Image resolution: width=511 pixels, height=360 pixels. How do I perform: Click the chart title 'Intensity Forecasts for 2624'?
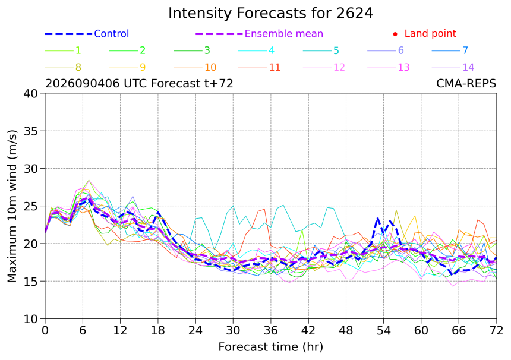point(270,13)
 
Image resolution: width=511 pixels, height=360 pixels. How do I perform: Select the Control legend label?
point(112,33)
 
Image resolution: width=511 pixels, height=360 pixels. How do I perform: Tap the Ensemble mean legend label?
point(284,33)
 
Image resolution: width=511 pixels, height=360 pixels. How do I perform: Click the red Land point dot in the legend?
point(395,34)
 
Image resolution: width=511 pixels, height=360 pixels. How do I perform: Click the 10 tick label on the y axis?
point(31,319)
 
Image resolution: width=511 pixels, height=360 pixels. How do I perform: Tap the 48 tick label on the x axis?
point(346,331)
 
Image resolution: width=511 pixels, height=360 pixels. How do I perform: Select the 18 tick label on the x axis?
point(157,331)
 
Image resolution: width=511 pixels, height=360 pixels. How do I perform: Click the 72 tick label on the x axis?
point(496,331)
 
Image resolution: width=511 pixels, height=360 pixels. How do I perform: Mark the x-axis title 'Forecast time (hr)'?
point(270,347)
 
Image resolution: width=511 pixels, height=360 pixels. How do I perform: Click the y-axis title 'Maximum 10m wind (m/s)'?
point(12,206)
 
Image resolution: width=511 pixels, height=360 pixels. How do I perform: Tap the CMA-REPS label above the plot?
point(466,83)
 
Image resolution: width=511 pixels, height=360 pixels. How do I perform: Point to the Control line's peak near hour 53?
point(377,217)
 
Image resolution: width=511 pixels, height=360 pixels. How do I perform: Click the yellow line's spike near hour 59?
point(415,216)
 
